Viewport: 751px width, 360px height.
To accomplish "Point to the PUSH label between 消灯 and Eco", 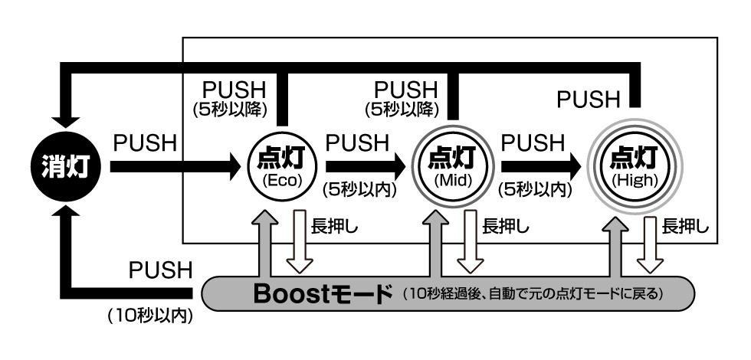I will (x=145, y=142).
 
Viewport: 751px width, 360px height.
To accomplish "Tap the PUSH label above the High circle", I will (x=588, y=99).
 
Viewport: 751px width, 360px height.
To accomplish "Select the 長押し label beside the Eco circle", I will (x=335, y=227).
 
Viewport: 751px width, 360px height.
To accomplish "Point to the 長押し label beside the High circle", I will (x=685, y=227).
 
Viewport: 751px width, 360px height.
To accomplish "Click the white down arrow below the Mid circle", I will (x=468, y=243).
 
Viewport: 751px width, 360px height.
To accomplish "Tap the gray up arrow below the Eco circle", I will (x=262, y=243).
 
